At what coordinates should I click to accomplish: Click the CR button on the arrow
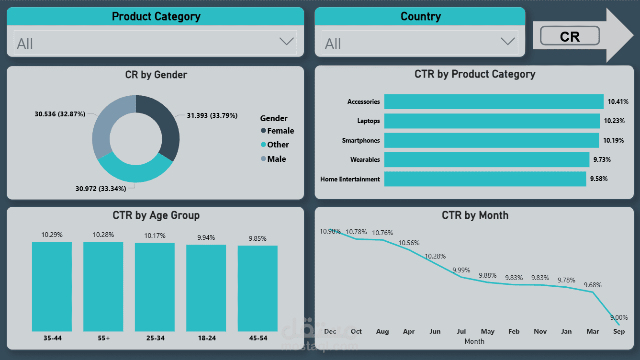(x=570, y=36)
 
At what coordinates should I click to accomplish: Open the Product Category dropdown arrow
(x=286, y=42)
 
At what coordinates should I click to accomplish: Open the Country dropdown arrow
(x=507, y=42)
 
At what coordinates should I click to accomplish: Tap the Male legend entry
(x=276, y=159)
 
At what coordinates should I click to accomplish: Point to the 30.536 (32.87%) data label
(x=60, y=114)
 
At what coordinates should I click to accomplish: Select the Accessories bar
(x=494, y=101)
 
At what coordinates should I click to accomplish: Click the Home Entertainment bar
(x=485, y=179)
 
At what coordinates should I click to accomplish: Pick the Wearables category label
(x=365, y=159)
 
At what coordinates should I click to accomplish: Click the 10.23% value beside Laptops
(x=614, y=121)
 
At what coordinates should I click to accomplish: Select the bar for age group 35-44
(x=52, y=286)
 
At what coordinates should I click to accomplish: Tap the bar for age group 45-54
(x=258, y=288)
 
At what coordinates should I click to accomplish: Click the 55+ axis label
(x=103, y=338)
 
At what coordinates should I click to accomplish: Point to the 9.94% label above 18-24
(x=206, y=237)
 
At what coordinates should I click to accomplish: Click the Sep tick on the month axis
(x=618, y=331)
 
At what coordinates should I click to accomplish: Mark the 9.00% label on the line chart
(x=618, y=317)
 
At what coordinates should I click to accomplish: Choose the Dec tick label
(x=330, y=331)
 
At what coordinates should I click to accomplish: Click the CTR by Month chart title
(x=475, y=215)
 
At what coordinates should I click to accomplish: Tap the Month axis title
(x=474, y=341)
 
